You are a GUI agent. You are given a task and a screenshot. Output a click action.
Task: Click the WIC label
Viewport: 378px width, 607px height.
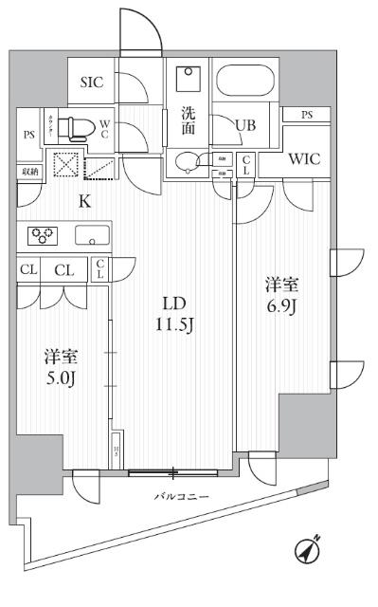click(x=304, y=159)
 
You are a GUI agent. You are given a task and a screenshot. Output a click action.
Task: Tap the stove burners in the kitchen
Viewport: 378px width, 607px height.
click(x=42, y=234)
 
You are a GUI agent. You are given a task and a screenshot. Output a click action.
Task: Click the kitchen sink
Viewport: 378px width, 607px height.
click(x=92, y=235)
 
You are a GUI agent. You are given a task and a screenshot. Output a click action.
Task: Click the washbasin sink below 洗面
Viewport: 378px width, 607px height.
click(x=190, y=163)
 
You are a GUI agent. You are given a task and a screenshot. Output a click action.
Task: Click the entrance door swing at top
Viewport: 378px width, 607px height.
click(x=137, y=28)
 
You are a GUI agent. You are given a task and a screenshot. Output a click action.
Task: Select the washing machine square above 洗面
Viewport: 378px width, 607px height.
click(x=189, y=79)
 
